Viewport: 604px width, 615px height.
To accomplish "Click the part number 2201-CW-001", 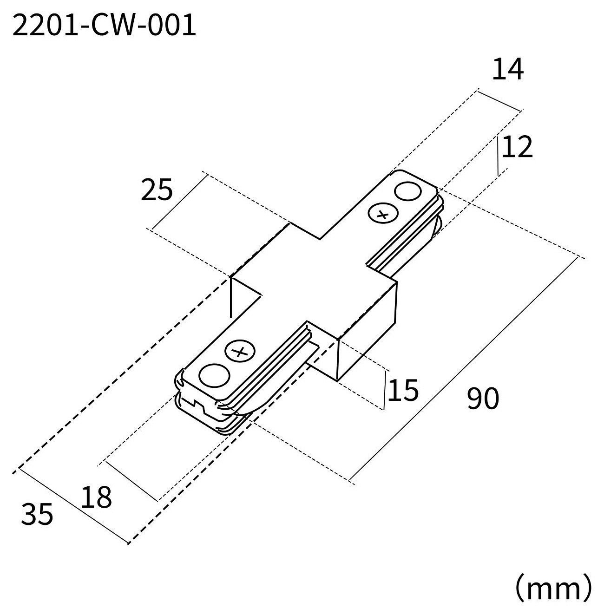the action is click(104, 26).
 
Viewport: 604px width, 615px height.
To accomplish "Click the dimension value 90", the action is click(483, 398).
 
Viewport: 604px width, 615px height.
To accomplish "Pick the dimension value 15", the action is click(402, 390).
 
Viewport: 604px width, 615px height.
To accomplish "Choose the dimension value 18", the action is click(96, 497).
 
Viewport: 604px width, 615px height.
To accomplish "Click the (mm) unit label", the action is click(553, 588).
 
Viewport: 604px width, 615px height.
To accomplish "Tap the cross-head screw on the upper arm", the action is click(383, 213).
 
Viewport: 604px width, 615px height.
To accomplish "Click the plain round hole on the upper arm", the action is click(407, 191).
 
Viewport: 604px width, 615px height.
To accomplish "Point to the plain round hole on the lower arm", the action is click(214, 376).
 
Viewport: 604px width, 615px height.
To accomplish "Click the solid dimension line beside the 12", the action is click(498, 156).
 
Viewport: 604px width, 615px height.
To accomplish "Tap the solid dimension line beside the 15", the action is click(385, 390).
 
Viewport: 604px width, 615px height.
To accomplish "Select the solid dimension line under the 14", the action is click(499, 101).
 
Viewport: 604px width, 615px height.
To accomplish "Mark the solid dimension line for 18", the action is click(131, 481).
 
